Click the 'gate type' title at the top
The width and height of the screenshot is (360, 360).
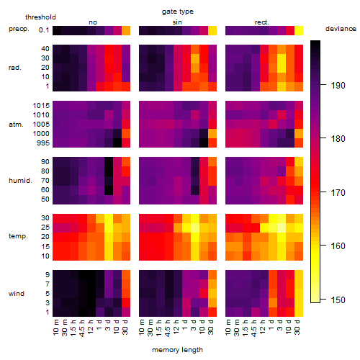(178, 12)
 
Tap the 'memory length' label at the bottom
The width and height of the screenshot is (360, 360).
(177, 350)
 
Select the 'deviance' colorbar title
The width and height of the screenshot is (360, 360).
(341, 29)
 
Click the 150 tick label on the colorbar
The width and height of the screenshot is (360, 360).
(338, 300)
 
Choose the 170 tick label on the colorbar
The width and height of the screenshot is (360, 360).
(338, 192)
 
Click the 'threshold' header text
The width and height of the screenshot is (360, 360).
(40, 17)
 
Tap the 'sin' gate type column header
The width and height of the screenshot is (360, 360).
(177, 22)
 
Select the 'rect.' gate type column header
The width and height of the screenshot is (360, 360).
(261, 22)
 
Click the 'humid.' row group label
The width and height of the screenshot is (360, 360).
(20, 181)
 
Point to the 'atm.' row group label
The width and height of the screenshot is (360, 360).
(16, 125)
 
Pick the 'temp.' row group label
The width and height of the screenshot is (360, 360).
(18, 236)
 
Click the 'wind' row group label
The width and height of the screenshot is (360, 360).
(17, 294)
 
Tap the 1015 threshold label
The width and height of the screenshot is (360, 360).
(41, 106)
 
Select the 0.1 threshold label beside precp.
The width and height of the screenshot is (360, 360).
(44, 30)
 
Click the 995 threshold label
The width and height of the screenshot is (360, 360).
(43, 143)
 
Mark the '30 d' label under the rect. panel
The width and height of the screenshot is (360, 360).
(297, 327)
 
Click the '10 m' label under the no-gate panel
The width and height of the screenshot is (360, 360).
(56, 327)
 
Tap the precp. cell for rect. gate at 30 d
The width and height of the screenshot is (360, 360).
(299, 30)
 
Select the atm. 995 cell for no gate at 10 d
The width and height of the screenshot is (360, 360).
(117, 143)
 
